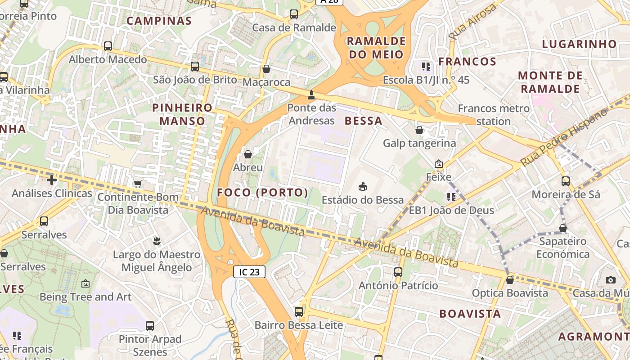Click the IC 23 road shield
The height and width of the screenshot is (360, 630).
tap(249, 272)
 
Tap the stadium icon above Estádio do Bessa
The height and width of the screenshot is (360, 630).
tap(362, 186)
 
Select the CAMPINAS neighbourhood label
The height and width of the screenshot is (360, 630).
tap(159, 21)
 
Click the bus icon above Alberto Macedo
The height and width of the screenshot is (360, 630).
tap(108, 46)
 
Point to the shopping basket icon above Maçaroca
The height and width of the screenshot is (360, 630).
tap(266, 69)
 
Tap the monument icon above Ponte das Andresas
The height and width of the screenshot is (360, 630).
tap(311, 94)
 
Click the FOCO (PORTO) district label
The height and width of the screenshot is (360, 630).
tap(263, 193)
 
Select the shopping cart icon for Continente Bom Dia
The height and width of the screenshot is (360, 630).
tap(138, 184)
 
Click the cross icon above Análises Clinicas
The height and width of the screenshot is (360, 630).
tap(52, 180)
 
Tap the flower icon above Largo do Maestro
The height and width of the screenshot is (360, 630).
tap(156, 241)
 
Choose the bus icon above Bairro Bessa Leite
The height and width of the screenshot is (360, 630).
tap(298, 311)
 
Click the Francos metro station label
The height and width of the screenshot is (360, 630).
tap(494, 115)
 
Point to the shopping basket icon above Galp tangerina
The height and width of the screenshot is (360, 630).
tap(419, 130)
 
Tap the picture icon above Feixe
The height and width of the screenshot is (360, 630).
tap(439, 164)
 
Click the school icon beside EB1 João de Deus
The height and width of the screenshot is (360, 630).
tap(451, 197)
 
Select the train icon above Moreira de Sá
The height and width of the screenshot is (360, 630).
tap(566, 181)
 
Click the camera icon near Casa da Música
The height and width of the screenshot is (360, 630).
tap(611, 280)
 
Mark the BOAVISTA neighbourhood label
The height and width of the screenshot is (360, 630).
tap(470, 314)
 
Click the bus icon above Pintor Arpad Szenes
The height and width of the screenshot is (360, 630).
tap(150, 325)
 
